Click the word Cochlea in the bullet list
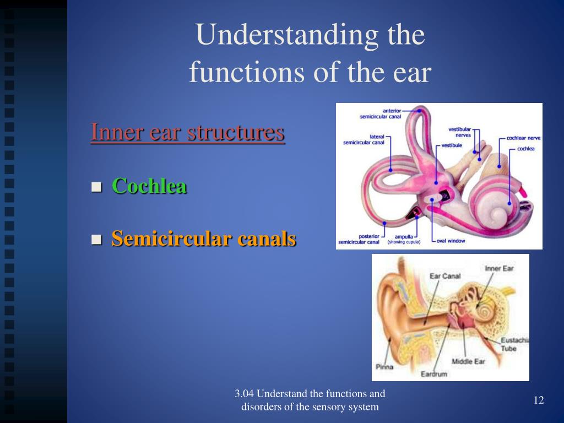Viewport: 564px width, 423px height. [x=149, y=186]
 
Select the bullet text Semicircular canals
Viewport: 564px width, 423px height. [x=204, y=239]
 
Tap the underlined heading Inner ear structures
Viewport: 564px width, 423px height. [x=187, y=133]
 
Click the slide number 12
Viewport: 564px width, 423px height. [x=539, y=400]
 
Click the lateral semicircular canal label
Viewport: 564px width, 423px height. [x=364, y=140]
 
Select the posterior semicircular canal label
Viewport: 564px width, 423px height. [x=359, y=239]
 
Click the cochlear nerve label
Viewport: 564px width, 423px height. [x=523, y=138]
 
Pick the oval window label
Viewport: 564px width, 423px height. [x=451, y=241]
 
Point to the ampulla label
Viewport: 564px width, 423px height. [x=404, y=237]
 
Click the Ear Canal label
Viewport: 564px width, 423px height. [x=445, y=276]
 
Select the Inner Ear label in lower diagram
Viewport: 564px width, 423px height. [x=499, y=269]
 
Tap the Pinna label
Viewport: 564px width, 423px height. [x=384, y=366]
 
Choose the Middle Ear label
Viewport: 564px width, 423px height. [x=468, y=362]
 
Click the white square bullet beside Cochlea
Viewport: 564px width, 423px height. [x=97, y=187]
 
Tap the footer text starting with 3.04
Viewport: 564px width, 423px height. [x=310, y=400]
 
